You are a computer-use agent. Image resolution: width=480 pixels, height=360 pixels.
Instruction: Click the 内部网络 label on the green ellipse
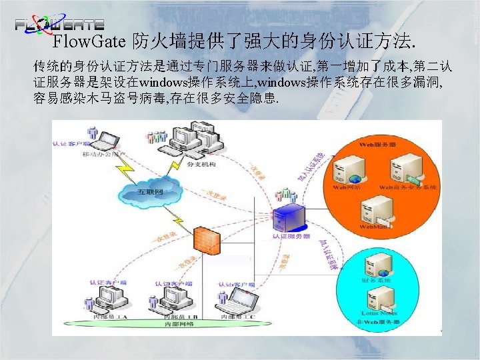pyautogui.click(x=179, y=325)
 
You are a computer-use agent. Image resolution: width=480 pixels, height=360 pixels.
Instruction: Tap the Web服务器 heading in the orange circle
pyautogui.click(x=378, y=143)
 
